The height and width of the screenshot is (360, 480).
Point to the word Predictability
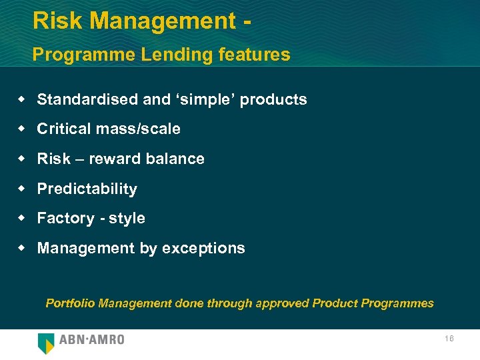87,189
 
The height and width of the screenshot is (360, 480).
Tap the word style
127,219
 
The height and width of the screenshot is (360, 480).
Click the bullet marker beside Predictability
22,189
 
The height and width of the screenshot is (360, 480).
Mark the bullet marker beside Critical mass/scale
22,129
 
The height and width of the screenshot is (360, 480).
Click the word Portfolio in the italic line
70,303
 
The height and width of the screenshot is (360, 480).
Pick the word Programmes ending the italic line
397,303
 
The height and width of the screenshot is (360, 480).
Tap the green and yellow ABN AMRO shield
46,343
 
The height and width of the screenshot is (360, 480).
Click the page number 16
449,339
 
